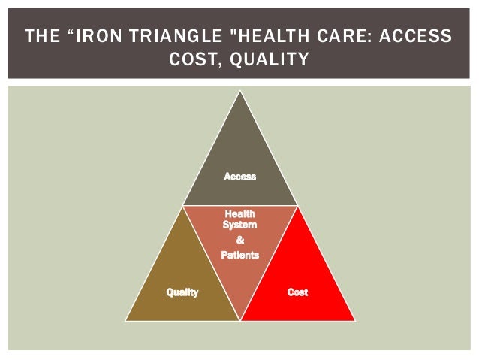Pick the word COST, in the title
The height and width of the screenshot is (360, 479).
pyautogui.click(x=196, y=59)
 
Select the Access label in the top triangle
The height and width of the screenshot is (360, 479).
pyautogui.click(x=239, y=177)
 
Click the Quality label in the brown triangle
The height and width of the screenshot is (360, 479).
pyautogui.click(x=182, y=292)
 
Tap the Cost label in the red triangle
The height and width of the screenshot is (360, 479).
pyautogui.click(x=297, y=292)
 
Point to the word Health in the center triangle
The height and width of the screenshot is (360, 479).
pyautogui.click(x=239, y=214)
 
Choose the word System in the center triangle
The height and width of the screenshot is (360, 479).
pyautogui.click(x=239, y=225)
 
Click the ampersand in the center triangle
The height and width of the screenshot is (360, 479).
pyautogui.click(x=239, y=241)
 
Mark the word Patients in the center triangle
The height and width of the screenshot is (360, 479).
pyautogui.click(x=239, y=256)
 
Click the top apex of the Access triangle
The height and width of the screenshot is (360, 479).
pyautogui.click(x=239, y=92)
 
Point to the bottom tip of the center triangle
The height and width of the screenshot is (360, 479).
pyautogui.click(x=239, y=320)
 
